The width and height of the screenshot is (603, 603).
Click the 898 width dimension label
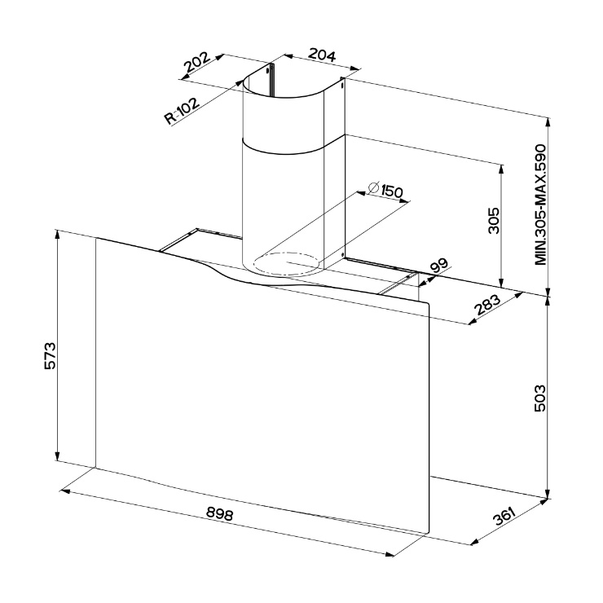219,513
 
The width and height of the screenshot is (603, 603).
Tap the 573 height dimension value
51,356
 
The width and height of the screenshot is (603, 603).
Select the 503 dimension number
540,398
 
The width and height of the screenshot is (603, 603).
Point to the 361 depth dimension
504,516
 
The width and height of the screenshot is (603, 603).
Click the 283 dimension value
486,304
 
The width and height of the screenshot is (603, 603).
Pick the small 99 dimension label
438,266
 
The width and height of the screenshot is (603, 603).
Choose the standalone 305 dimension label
493,220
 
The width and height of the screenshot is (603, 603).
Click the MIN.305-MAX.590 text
540,205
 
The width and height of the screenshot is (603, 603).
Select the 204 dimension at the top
322,55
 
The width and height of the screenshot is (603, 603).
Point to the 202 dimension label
197,62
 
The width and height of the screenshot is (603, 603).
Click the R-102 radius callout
183,111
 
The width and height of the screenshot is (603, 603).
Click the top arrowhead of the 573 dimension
58,234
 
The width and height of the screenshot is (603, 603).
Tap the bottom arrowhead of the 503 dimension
548,495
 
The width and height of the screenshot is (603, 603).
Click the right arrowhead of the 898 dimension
390,554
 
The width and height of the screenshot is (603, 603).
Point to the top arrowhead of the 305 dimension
501,169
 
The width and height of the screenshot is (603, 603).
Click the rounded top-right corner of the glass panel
426,305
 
